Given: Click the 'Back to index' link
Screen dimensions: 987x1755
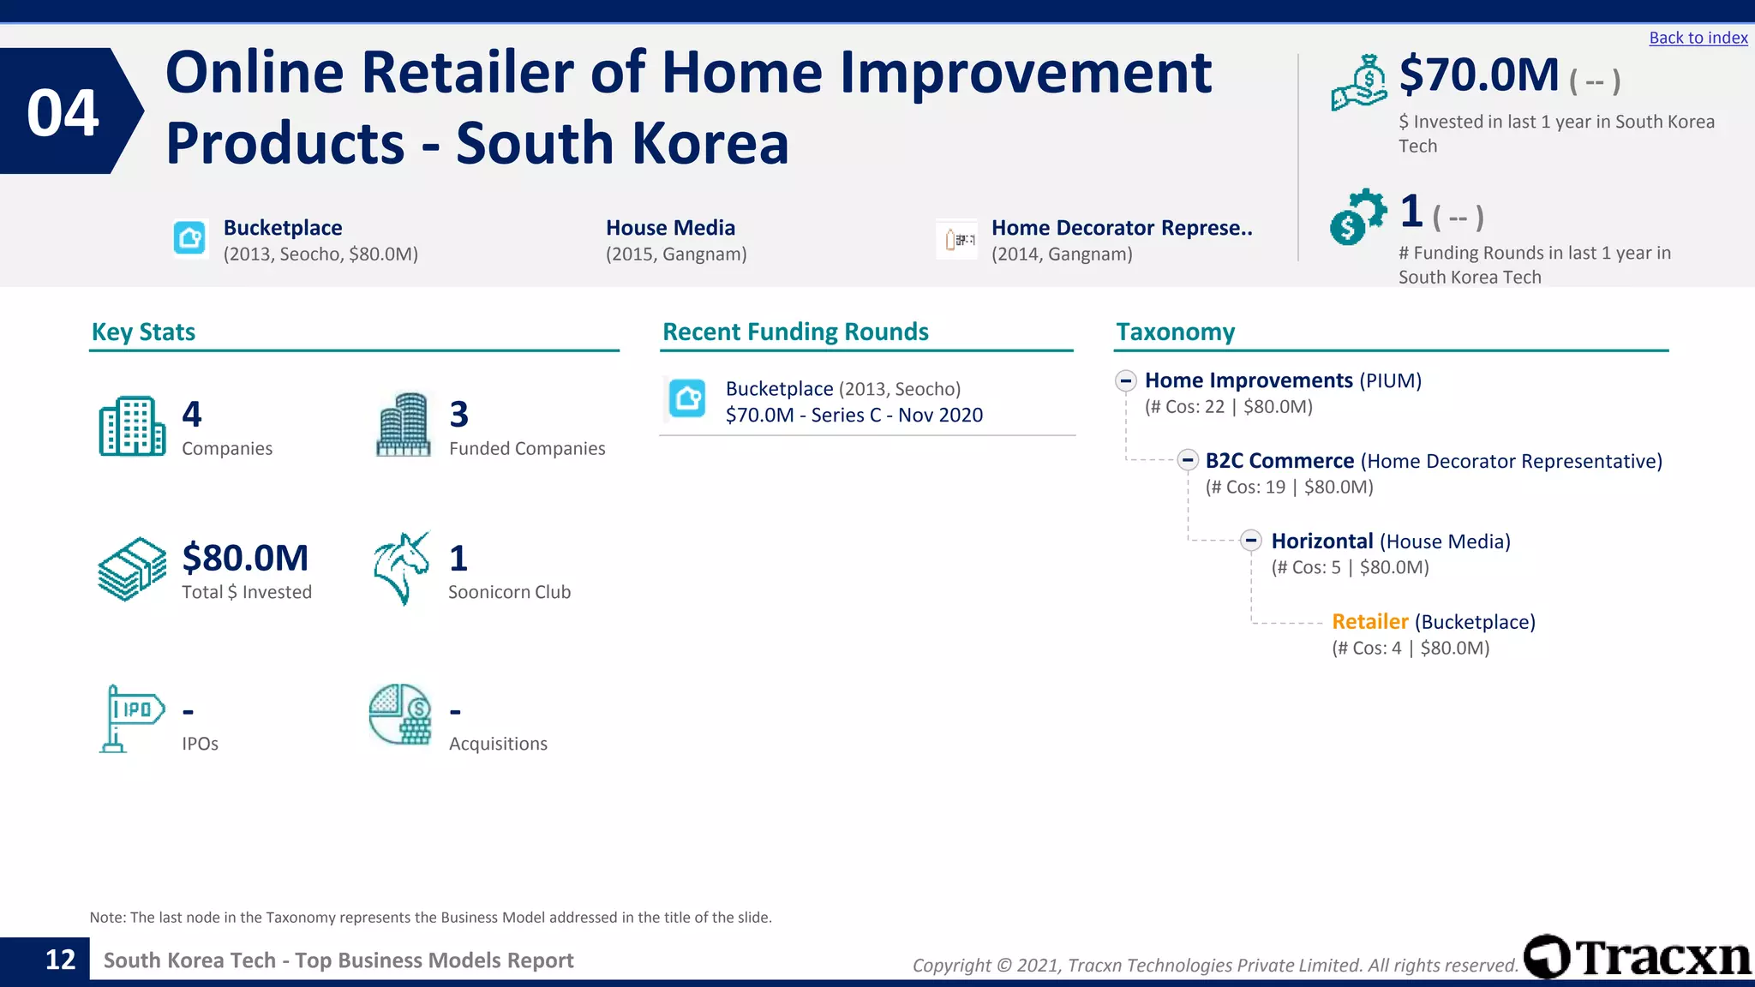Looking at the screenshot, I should (1698, 38).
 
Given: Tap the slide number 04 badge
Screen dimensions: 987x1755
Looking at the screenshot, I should (64, 112).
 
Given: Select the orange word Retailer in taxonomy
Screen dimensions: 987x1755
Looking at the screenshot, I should (1369, 621).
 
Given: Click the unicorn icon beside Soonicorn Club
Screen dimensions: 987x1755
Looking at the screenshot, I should (401, 568).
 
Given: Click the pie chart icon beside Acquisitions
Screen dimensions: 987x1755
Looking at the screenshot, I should (400, 714).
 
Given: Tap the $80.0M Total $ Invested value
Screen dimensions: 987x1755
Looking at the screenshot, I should (245, 558).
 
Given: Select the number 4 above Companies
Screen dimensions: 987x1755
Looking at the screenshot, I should (192, 415).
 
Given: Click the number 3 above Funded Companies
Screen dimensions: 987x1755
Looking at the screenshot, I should (459, 415).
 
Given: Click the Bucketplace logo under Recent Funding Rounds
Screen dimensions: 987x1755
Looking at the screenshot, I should (687, 398).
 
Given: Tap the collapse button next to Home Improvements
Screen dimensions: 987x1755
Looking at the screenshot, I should (1126, 380).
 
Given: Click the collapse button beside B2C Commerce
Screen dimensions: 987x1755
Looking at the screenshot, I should (1187, 460).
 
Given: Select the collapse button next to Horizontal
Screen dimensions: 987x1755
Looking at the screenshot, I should (1251, 541).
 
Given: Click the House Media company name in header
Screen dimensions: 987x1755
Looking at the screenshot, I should (670, 228).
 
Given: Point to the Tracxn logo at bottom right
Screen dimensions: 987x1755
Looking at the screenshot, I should (1637, 957).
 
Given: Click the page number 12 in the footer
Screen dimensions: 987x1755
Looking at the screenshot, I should (60, 960).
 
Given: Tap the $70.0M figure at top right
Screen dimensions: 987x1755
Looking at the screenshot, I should (1478, 75).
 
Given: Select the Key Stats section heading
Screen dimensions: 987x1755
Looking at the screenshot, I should (143, 332).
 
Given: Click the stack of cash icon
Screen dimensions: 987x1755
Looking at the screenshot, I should (132, 569).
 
